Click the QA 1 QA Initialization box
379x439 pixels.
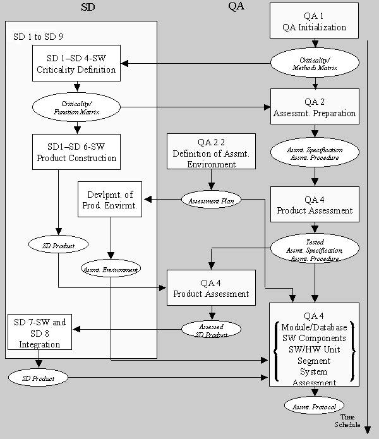click(315, 21)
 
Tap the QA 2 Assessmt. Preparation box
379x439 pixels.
click(315, 107)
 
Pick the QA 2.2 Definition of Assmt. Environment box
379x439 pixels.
click(211, 152)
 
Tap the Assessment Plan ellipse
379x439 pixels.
click(211, 200)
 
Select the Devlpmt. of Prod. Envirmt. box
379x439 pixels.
click(109, 199)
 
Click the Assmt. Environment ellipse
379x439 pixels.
click(111, 268)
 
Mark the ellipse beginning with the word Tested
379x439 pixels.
click(315, 250)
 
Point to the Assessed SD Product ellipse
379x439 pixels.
click(211, 329)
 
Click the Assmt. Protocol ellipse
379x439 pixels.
click(314, 406)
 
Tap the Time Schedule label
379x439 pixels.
click(348, 421)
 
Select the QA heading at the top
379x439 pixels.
click(236, 7)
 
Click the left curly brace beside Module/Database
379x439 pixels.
click(275, 351)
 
